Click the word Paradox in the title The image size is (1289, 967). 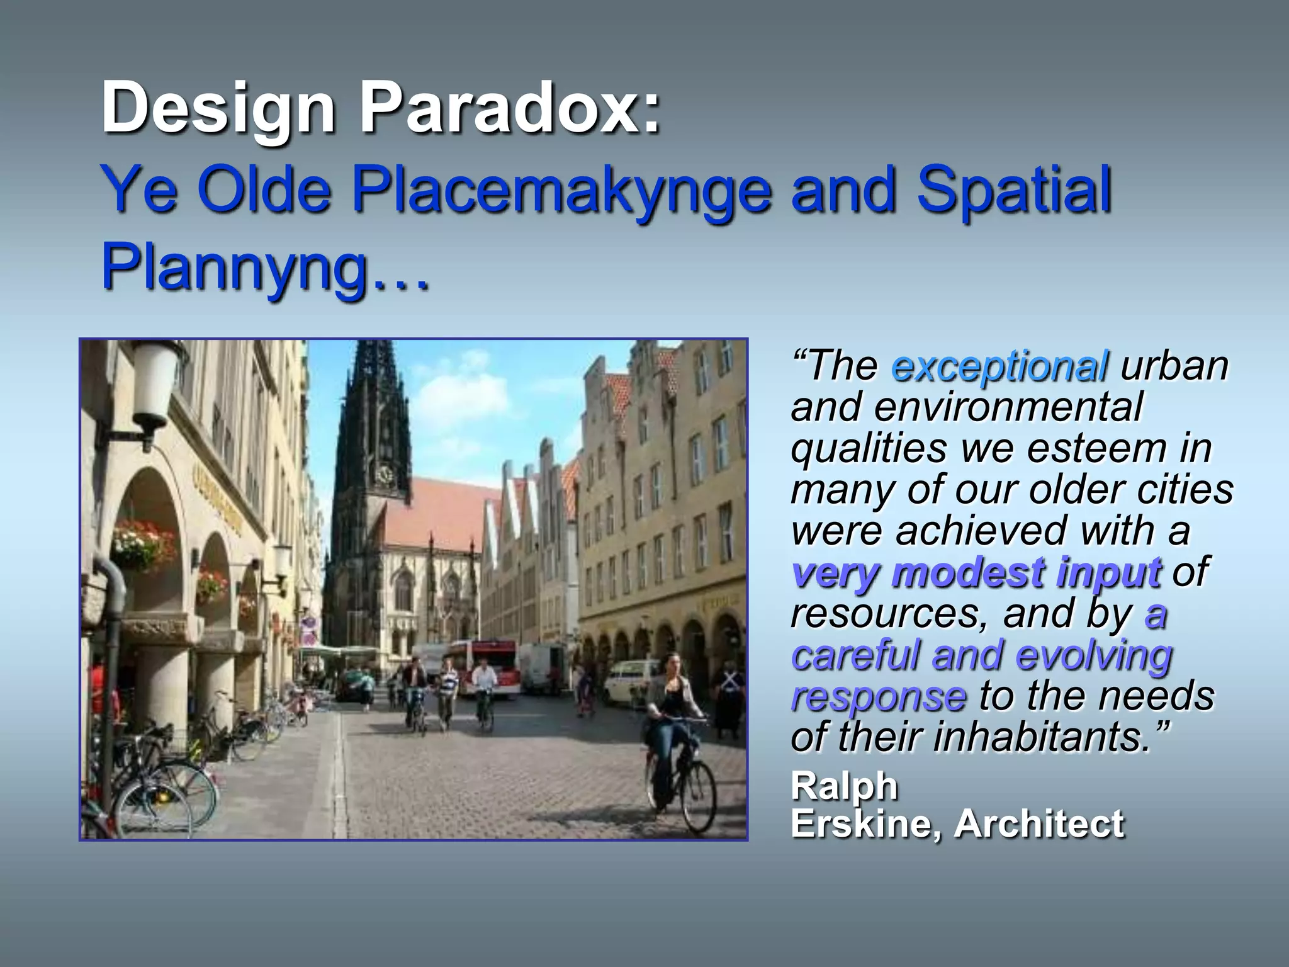tap(510, 108)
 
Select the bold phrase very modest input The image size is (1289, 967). tap(976, 573)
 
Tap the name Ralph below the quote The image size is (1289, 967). tap(844, 786)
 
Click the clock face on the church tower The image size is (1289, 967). tap(383, 473)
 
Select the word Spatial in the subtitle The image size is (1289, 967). tap(1014, 191)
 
